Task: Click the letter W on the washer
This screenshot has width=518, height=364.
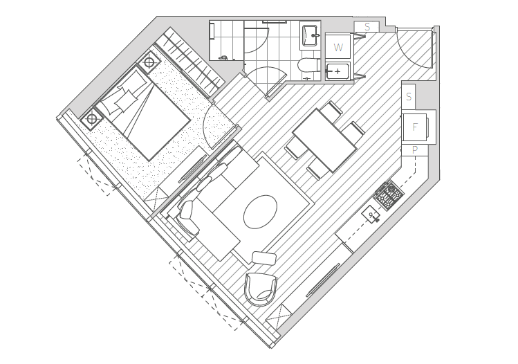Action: click(338, 48)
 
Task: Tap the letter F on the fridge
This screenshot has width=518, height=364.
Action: click(415, 127)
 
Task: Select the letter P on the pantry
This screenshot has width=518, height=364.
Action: click(415, 150)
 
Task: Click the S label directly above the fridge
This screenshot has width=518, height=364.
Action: click(409, 97)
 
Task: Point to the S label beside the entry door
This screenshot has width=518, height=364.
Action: click(367, 27)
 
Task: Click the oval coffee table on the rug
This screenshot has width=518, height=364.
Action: click(260, 212)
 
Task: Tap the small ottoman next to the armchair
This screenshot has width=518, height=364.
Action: click(264, 258)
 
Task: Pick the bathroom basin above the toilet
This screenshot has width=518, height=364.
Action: click(311, 35)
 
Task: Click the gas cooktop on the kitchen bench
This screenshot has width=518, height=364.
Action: click(389, 195)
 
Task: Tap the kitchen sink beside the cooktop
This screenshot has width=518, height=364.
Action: click(371, 215)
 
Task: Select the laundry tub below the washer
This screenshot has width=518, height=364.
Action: click(338, 71)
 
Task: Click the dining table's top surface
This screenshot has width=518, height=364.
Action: click(325, 140)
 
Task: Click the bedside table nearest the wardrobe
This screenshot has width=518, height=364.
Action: click(149, 62)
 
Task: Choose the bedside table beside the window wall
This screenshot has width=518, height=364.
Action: click(92, 118)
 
